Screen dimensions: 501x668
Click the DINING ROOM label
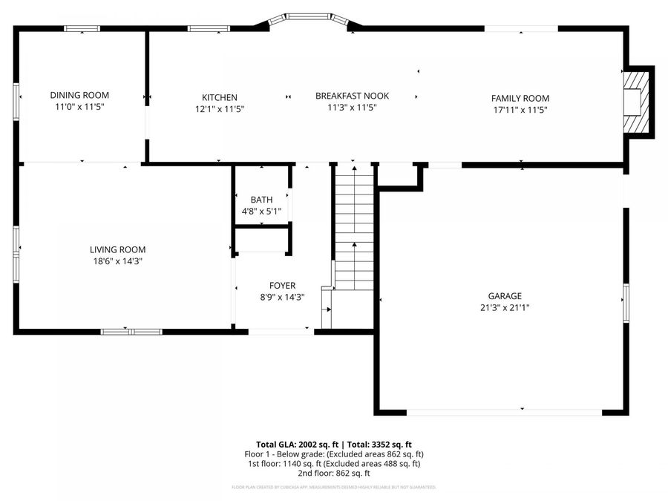click(x=79, y=95)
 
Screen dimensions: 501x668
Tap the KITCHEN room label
click(x=220, y=97)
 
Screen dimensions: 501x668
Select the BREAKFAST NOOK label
click(x=352, y=96)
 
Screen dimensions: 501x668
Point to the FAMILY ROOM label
click(x=520, y=98)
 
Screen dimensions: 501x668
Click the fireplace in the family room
click(x=636, y=102)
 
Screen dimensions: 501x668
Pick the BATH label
click(x=261, y=200)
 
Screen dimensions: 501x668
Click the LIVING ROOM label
click(x=117, y=250)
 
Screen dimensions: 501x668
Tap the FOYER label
click(x=282, y=286)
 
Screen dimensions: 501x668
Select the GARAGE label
click(x=505, y=295)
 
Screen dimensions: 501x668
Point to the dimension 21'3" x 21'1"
click(x=505, y=307)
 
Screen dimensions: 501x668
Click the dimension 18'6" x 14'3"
click(x=117, y=261)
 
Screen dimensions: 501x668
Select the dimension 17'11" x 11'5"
click(x=520, y=110)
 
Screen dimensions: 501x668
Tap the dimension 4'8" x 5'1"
click(x=261, y=211)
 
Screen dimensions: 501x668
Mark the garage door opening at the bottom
click(x=504, y=410)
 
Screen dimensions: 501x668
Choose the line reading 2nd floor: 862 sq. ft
click(x=334, y=473)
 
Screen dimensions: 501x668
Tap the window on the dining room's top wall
click(x=82, y=29)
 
